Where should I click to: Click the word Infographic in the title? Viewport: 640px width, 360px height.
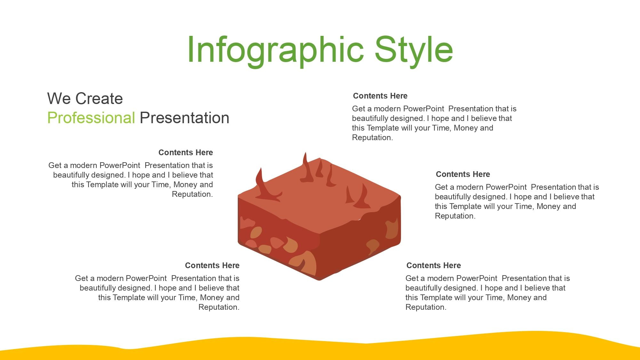coord(275,50)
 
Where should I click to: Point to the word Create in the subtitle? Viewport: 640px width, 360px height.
coord(99,99)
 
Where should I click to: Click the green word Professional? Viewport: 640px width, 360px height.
coord(91,118)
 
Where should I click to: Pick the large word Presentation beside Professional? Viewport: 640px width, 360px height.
coord(185,118)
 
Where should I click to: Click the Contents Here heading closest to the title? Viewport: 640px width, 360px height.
coord(380,96)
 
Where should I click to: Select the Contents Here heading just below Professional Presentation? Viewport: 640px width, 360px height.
coord(186,152)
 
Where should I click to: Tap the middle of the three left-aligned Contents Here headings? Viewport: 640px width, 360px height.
coord(463,174)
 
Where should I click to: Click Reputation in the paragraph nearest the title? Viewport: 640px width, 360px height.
coord(372,138)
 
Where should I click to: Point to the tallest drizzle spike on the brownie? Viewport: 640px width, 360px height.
coord(307,170)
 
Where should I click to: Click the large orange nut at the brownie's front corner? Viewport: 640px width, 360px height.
coord(306,262)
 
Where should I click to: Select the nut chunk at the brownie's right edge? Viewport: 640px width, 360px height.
coord(392,229)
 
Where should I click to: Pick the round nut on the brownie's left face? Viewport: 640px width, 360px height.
coord(256,232)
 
